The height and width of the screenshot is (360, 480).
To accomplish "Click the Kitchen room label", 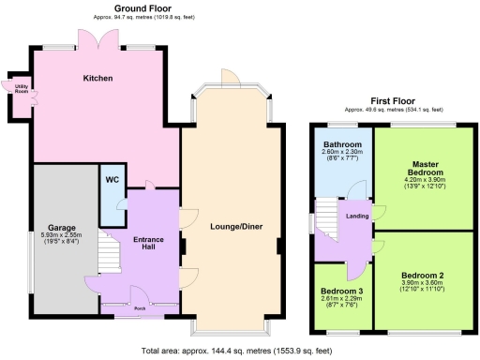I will (x=98, y=78).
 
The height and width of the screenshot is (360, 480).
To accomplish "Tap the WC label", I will (x=112, y=179).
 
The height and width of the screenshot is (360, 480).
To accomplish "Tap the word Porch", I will (x=139, y=307).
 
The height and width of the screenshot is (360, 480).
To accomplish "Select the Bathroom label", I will (x=341, y=143).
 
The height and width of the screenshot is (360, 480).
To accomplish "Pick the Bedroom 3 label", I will (x=341, y=291).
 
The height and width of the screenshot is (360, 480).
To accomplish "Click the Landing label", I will (x=358, y=217).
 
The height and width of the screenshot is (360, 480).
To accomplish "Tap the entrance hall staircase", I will (x=109, y=251).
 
